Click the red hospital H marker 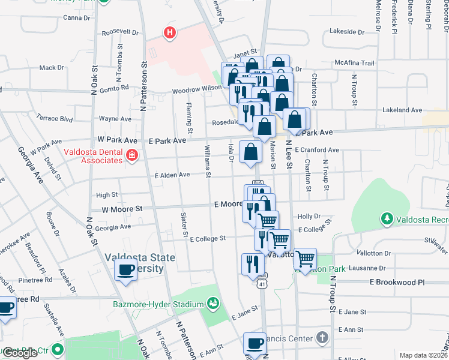point(170,33)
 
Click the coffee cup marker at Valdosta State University point(125,270)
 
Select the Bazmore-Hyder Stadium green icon point(212,304)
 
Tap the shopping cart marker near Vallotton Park point(306,259)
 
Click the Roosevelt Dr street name point(120,33)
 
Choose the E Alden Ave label point(172,175)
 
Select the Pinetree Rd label point(37,280)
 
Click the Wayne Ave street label point(115,119)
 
